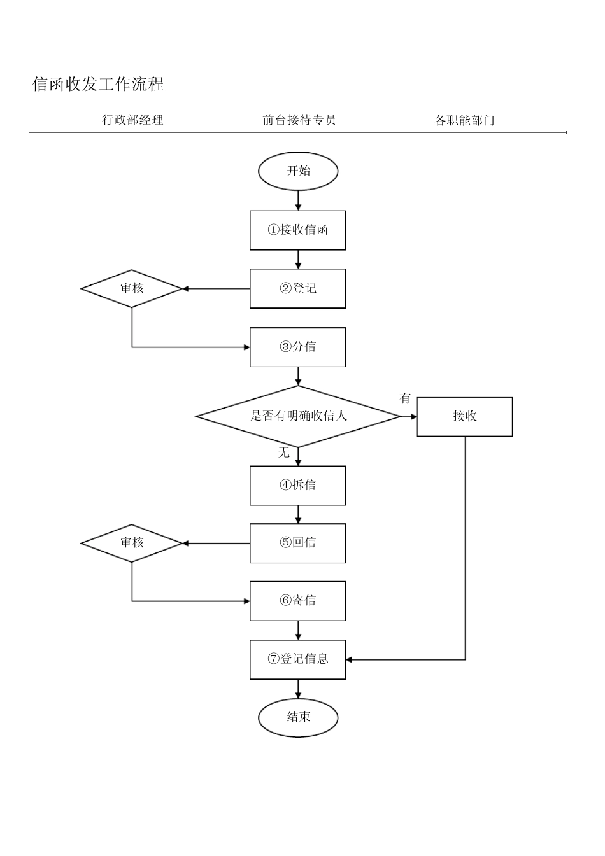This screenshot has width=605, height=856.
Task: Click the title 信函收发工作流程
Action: [x=98, y=84]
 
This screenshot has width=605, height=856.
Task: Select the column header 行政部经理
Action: [x=132, y=120]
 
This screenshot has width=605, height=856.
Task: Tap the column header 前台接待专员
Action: [x=299, y=120]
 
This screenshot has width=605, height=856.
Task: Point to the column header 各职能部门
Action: [x=464, y=120]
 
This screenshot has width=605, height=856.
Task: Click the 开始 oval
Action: [x=298, y=171]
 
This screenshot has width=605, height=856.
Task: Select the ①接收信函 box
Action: [x=298, y=230]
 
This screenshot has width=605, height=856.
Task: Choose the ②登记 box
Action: [x=298, y=288]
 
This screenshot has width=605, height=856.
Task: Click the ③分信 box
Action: [x=298, y=347]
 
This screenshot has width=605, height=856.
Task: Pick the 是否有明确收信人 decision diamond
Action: [x=298, y=416]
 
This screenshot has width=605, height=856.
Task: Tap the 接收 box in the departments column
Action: [x=465, y=417]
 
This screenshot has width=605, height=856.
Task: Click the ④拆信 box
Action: [x=298, y=485]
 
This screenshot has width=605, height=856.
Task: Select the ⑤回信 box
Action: [x=298, y=543]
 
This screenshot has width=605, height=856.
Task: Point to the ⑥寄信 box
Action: [x=298, y=601]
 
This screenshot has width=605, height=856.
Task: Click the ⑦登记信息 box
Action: [x=298, y=659]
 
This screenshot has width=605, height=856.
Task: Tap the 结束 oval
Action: [x=298, y=717]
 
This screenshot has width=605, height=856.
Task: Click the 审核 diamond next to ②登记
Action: [x=132, y=288]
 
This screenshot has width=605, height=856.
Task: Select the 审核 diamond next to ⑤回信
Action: [x=132, y=543]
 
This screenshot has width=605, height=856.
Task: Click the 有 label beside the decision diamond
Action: [x=405, y=399]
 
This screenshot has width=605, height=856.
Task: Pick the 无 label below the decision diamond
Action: [x=284, y=453]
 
